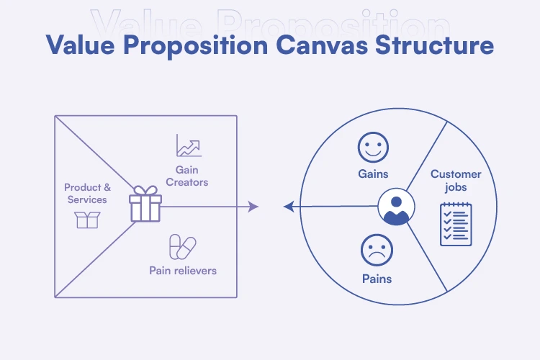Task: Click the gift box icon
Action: (x=145, y=204)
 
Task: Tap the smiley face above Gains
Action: (x=374, y=149)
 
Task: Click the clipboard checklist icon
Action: (x=456, y=224)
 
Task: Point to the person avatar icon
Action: (x=394, y=207)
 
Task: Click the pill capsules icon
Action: (x=182, y=247)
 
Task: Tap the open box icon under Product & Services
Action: (x=86, y=220)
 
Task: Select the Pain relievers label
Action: (x=183, y=271)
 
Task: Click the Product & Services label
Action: (x=86, y=194)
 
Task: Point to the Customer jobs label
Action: (x=456, y=181)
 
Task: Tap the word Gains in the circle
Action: (x=374, y=174)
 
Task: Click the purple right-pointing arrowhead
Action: (x=253, y=207)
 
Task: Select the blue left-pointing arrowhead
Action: (x=288, y=207)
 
